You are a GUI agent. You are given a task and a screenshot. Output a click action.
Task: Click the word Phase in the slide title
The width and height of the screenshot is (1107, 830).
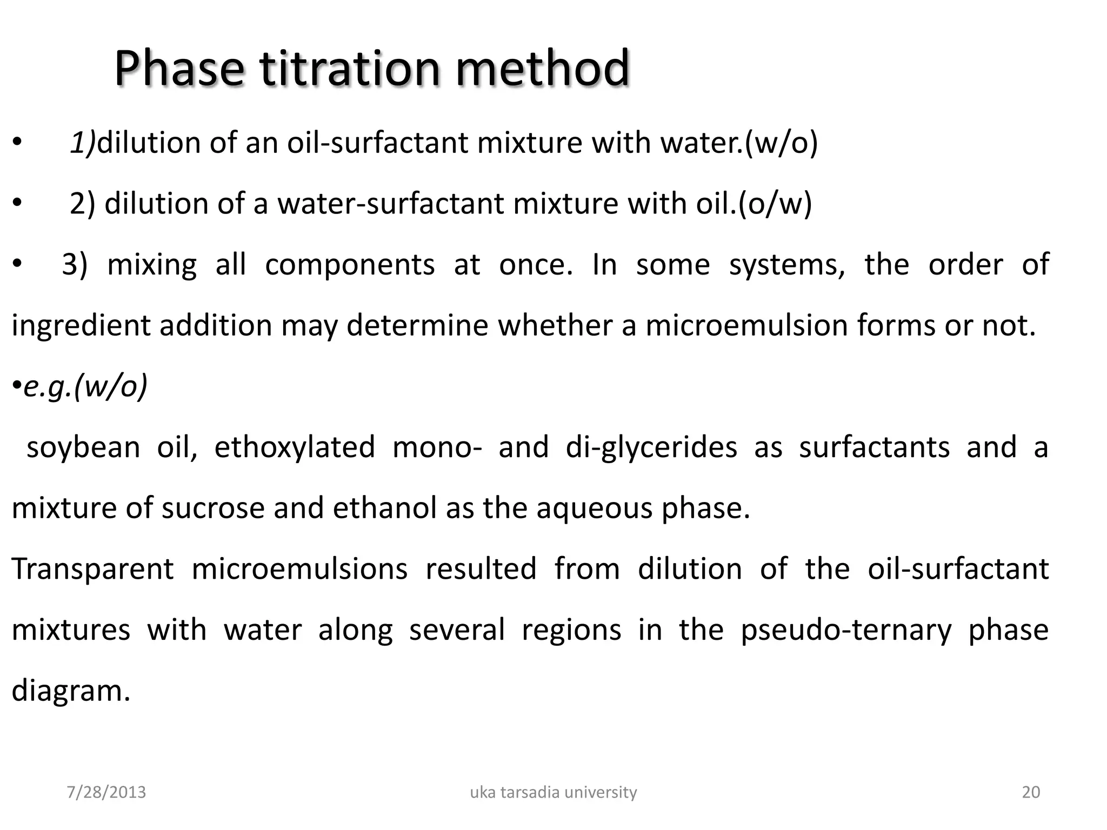[x=178, y=69]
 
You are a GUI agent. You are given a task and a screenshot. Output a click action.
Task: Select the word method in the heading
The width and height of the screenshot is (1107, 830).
[x=542, y=69]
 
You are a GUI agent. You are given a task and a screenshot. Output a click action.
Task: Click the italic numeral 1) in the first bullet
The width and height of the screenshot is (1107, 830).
[x=82, y=143]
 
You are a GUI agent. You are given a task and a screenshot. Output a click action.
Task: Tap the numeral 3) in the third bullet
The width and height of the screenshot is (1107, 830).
[x=75, y=265]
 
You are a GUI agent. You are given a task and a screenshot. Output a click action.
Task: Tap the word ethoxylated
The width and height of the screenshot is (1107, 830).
[x=295, y=447]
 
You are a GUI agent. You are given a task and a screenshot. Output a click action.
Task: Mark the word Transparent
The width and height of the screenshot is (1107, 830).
[x=92, y=570]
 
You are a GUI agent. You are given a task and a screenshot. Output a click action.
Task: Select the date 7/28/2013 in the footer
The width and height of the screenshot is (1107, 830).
[x=106, y=792]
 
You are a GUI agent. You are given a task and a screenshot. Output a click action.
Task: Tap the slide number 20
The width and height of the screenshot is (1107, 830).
[x=1031, y=792]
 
